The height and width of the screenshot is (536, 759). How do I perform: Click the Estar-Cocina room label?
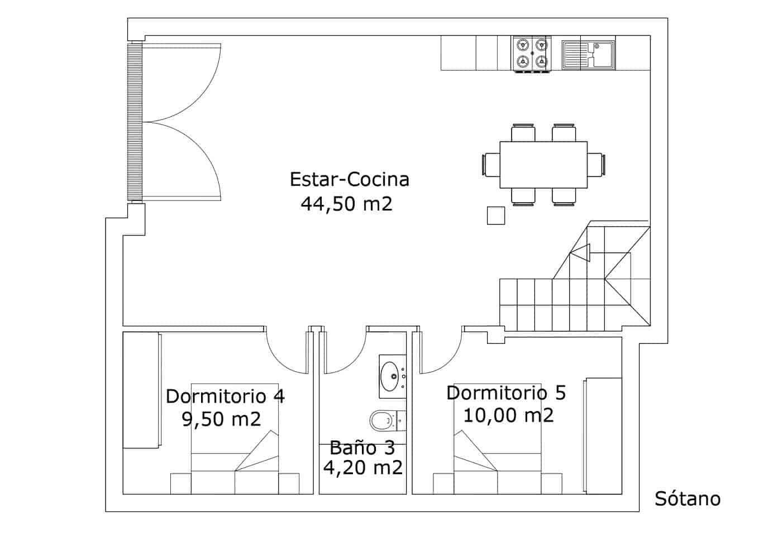point(350,180)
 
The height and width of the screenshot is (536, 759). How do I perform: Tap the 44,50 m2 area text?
point(346,204)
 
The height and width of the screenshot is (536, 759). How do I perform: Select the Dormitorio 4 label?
point(225,396)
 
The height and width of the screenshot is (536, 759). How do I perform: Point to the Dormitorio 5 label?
point(506,393)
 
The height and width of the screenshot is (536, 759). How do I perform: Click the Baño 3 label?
point(362,447)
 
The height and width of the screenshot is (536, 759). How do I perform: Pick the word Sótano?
point(688,499)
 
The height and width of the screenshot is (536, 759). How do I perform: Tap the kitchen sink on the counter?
point(588,54)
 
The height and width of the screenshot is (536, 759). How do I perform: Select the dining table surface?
point(543,165)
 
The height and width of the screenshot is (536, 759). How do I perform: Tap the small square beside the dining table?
point(495,215)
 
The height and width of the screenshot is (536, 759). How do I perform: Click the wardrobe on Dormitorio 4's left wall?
point(141,390)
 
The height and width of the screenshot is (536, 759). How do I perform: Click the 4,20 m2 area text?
point(362,468)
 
